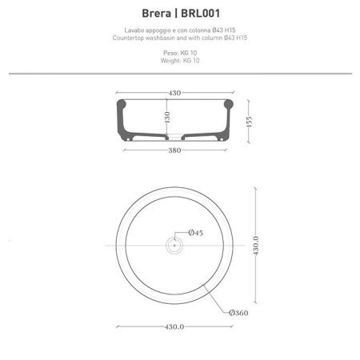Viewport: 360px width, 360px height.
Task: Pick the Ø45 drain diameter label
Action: click(196, 232)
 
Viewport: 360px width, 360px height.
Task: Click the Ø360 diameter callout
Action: click(239, 313)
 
